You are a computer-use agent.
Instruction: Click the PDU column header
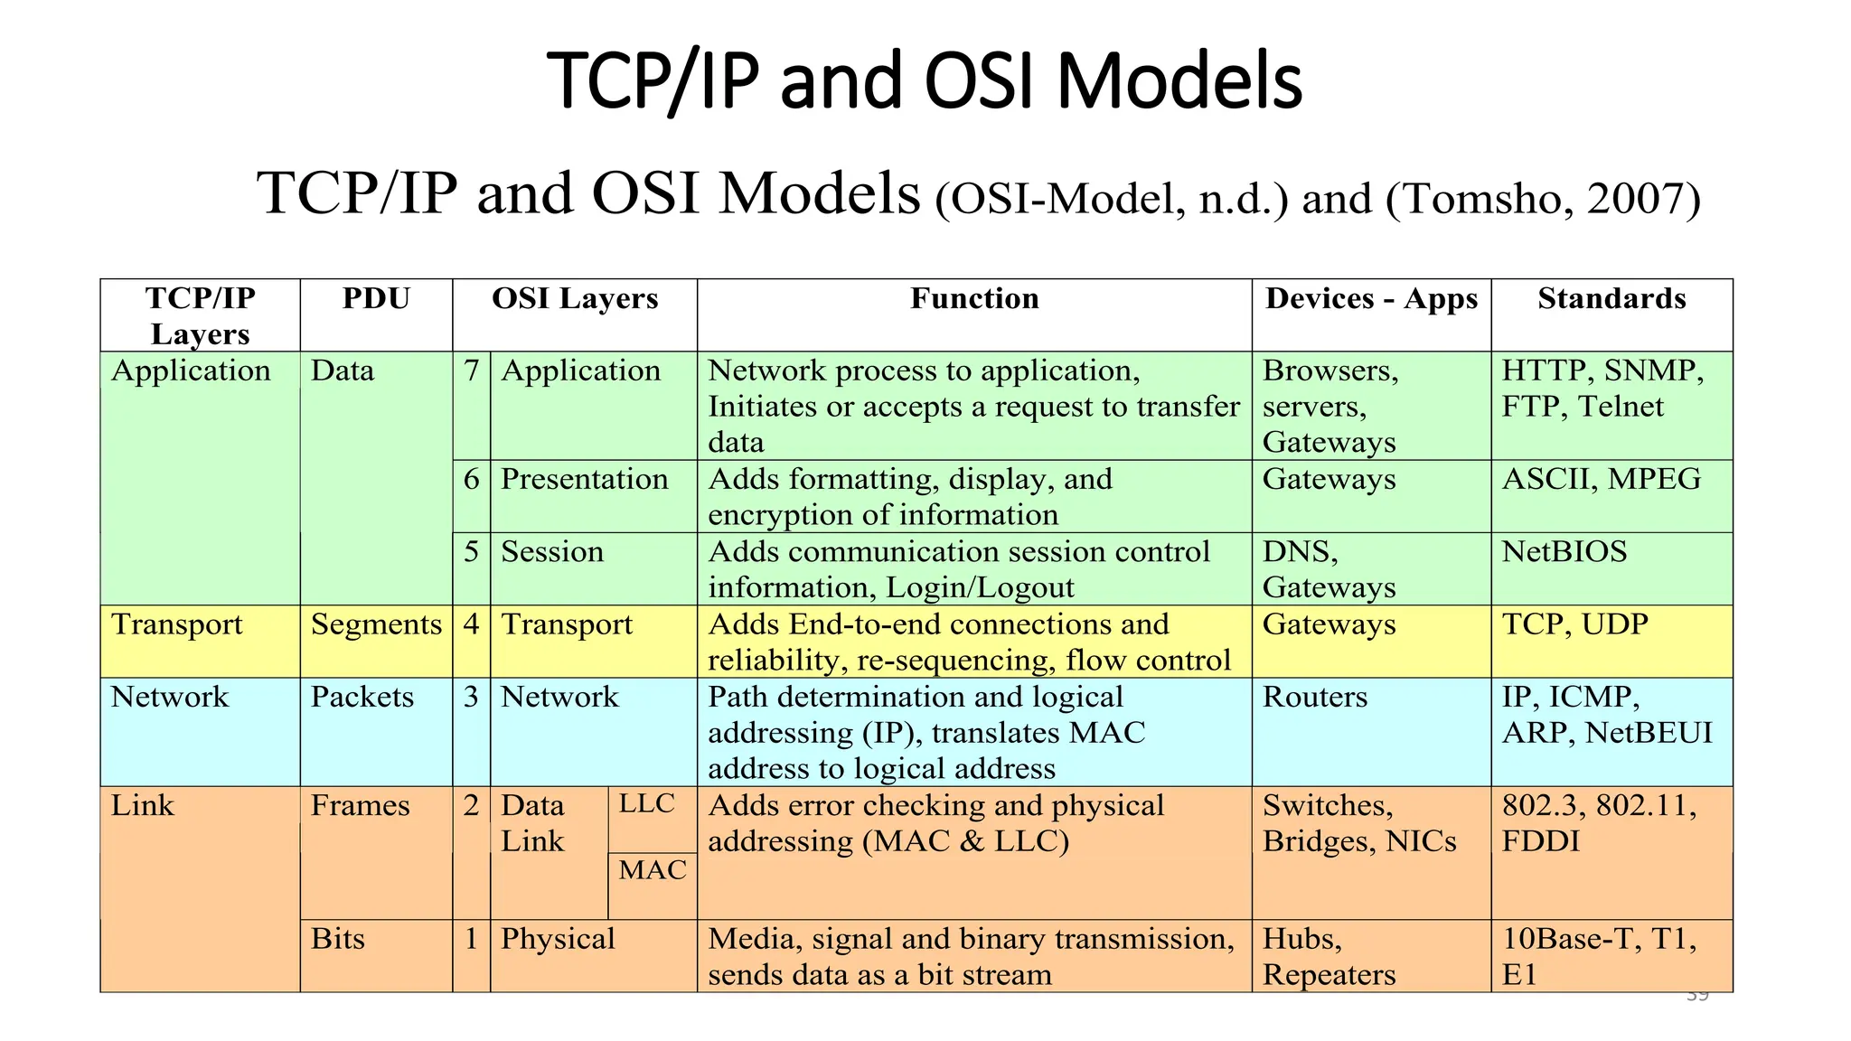point(376,299)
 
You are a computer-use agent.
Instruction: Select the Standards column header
point(1611,299)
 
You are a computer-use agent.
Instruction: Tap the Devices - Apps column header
point(1371,299)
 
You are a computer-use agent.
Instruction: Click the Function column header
point(974,299)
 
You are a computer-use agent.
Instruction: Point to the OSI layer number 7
point(471,371)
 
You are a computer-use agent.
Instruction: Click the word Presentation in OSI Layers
point(585,480)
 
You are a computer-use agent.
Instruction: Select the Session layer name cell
point(552,552)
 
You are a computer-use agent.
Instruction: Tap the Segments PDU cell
point(376,625)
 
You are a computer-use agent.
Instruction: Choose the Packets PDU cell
point(362,698)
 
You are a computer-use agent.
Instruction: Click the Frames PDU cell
point(360,806)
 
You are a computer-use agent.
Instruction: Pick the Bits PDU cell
point(338,940)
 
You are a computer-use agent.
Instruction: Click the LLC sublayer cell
point(647,804)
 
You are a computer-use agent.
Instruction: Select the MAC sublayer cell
point(653,871)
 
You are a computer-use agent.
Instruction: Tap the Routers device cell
point(1315,698)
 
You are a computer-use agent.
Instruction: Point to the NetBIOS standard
point(1564,552)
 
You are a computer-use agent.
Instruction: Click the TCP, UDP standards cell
point(1575,625)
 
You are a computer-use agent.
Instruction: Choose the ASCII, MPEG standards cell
point(1602,480)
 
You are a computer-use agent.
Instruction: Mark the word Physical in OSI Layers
point(558,940)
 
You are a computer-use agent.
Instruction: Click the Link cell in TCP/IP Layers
point(143,806)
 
